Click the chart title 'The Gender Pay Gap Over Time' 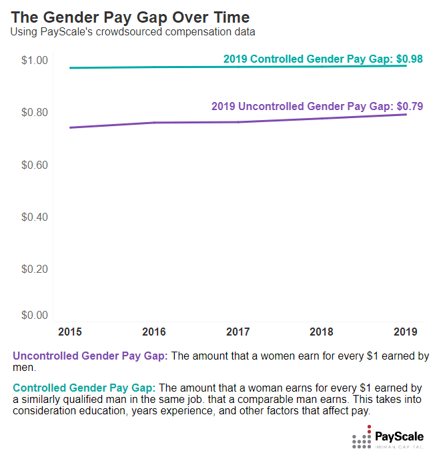coord(130,17)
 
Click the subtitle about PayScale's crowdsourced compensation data coord(132,31)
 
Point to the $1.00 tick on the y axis coord(35,61)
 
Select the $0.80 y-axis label coord(35,113)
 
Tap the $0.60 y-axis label coord(35,165)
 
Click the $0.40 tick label coord(35,217)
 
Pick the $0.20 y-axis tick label coord(35,269)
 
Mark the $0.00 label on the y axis coord(35,315)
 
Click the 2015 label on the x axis coord(70,332)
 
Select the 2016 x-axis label coord(153,332)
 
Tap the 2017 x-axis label coord(238,332)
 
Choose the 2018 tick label coord(322,332)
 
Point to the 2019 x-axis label coord(405,332)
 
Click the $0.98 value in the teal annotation coord(409,59)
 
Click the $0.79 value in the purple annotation coord(409,106)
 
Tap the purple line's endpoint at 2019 coord(406,115)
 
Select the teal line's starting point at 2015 coord(70,67)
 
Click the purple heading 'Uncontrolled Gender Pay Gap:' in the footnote coord(91,356)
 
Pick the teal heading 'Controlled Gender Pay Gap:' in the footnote coord(84,388)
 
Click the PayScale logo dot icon coord(361,439)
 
